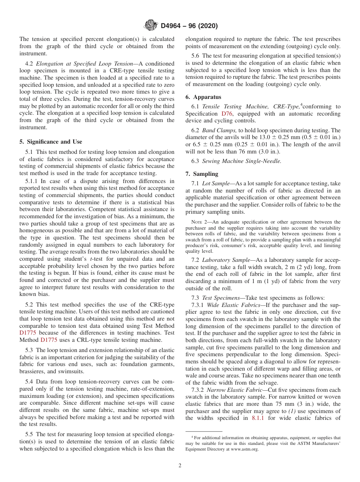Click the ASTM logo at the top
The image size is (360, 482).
pyautogui.click(x=151, y=26)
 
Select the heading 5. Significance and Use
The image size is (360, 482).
pyautogui.click(x=51, y=142)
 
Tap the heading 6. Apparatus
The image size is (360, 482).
pyautogui.click(x=203, y=97)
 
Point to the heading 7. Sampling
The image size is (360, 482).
pyautogui.click(x=202, y=174)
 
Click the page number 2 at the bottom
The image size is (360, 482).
pyautogui.click(x=180, y=466)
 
